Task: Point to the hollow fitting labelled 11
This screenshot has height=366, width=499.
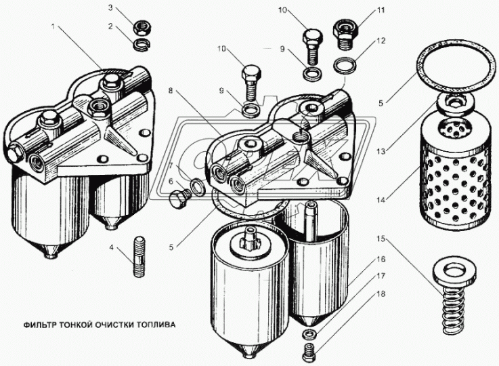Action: click(343, 32)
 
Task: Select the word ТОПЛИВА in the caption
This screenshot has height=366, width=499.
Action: click(155, 324)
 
